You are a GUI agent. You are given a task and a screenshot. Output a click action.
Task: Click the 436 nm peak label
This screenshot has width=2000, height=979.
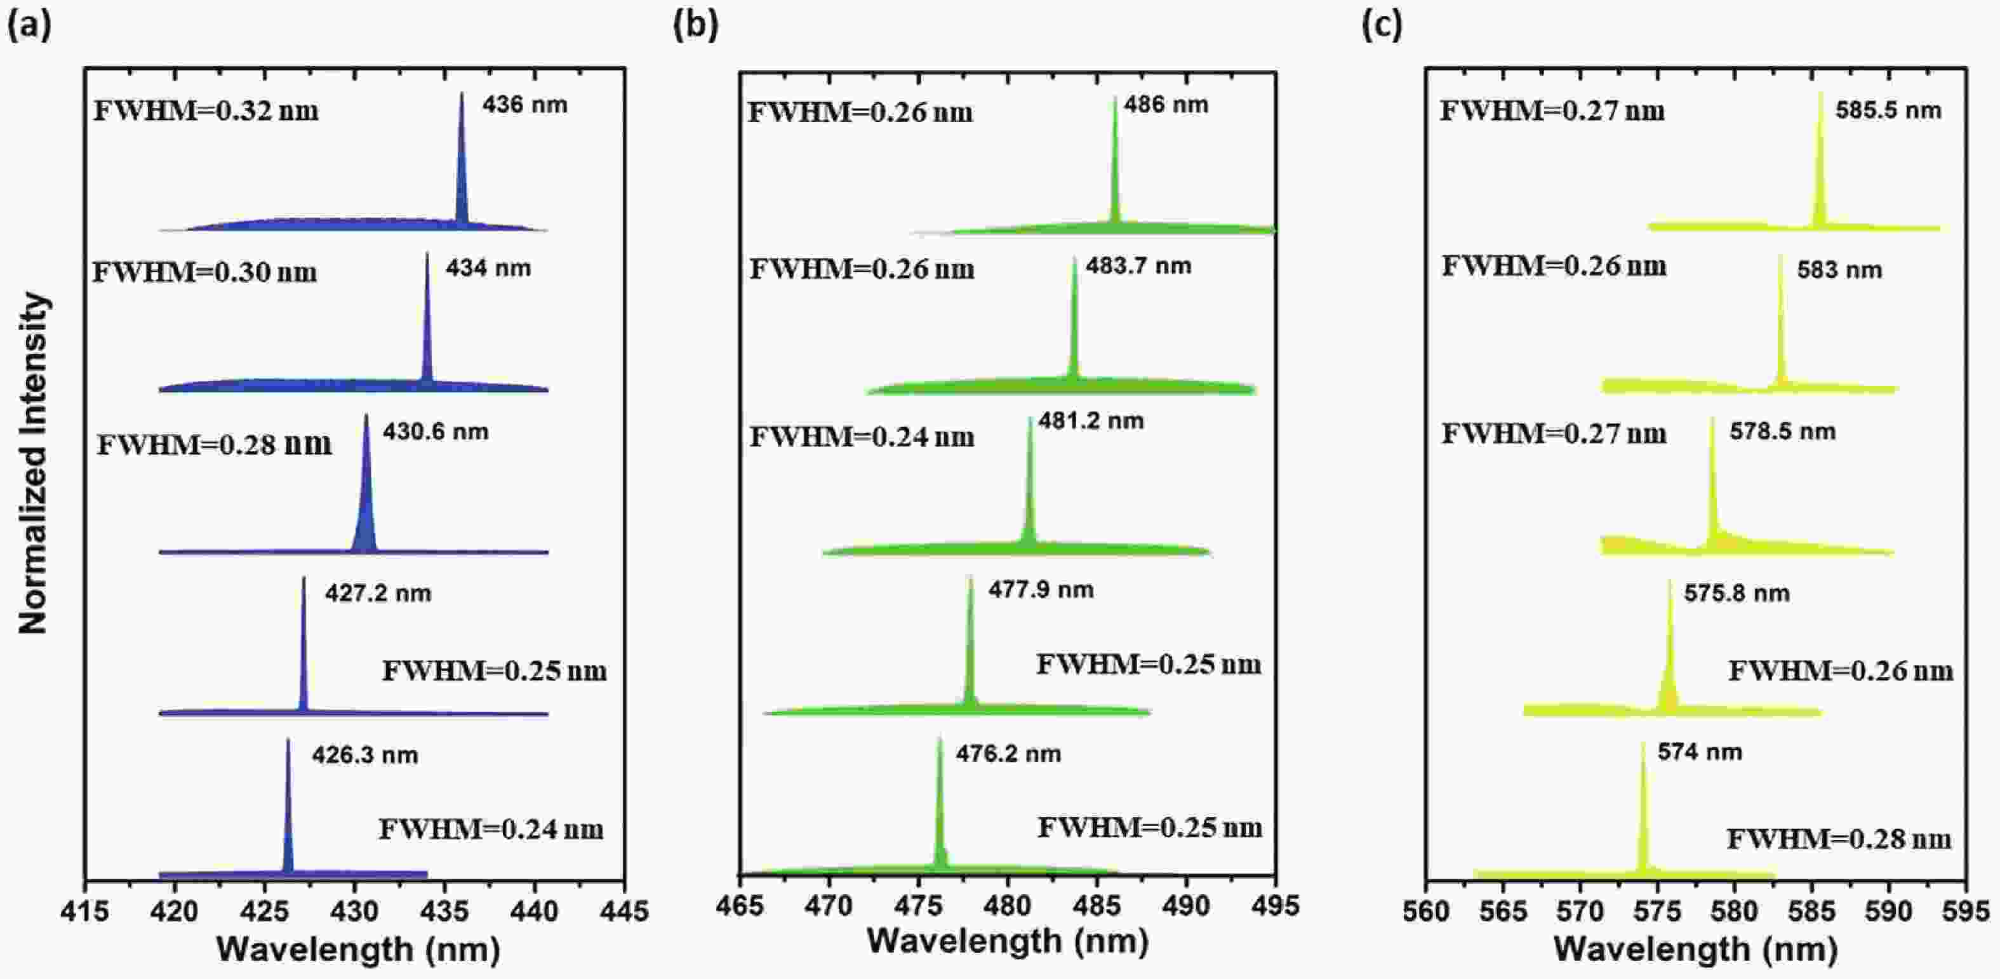(x=525, y=105)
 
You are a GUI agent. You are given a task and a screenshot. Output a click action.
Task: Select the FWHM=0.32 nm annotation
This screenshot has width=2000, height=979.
(x=206, y=111)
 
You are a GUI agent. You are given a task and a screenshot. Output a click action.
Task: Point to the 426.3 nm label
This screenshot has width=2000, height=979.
(x=365, y=755)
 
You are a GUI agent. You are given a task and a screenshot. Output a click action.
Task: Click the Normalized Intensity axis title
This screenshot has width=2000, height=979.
(x=34, y=463)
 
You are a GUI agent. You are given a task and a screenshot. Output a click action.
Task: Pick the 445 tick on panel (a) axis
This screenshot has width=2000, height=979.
(x=624, y=910)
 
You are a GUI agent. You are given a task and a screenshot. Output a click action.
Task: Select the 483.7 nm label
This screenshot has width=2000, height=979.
(x=1138, y=266)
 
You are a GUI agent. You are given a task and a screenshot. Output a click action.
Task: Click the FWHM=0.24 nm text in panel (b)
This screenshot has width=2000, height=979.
(x=862, y=437)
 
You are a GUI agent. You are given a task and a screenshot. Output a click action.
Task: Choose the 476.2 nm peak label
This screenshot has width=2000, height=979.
(x=1008, y=754)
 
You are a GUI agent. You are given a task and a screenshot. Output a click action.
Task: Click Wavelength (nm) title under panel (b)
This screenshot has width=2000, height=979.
(x=1008, y=942)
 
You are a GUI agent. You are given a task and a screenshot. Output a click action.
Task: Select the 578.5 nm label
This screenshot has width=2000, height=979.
(x=1783, y=432)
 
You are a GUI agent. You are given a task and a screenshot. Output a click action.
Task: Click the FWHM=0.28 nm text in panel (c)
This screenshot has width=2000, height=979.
(x=1839, y=839)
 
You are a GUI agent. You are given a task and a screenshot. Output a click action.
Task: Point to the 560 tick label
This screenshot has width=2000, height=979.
(x=1426, y=910)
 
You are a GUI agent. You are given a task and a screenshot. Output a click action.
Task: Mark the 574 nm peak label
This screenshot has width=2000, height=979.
(x=1700, y=752)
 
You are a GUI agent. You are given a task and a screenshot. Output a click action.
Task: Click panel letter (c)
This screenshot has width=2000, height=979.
(x=1382, y=25)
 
